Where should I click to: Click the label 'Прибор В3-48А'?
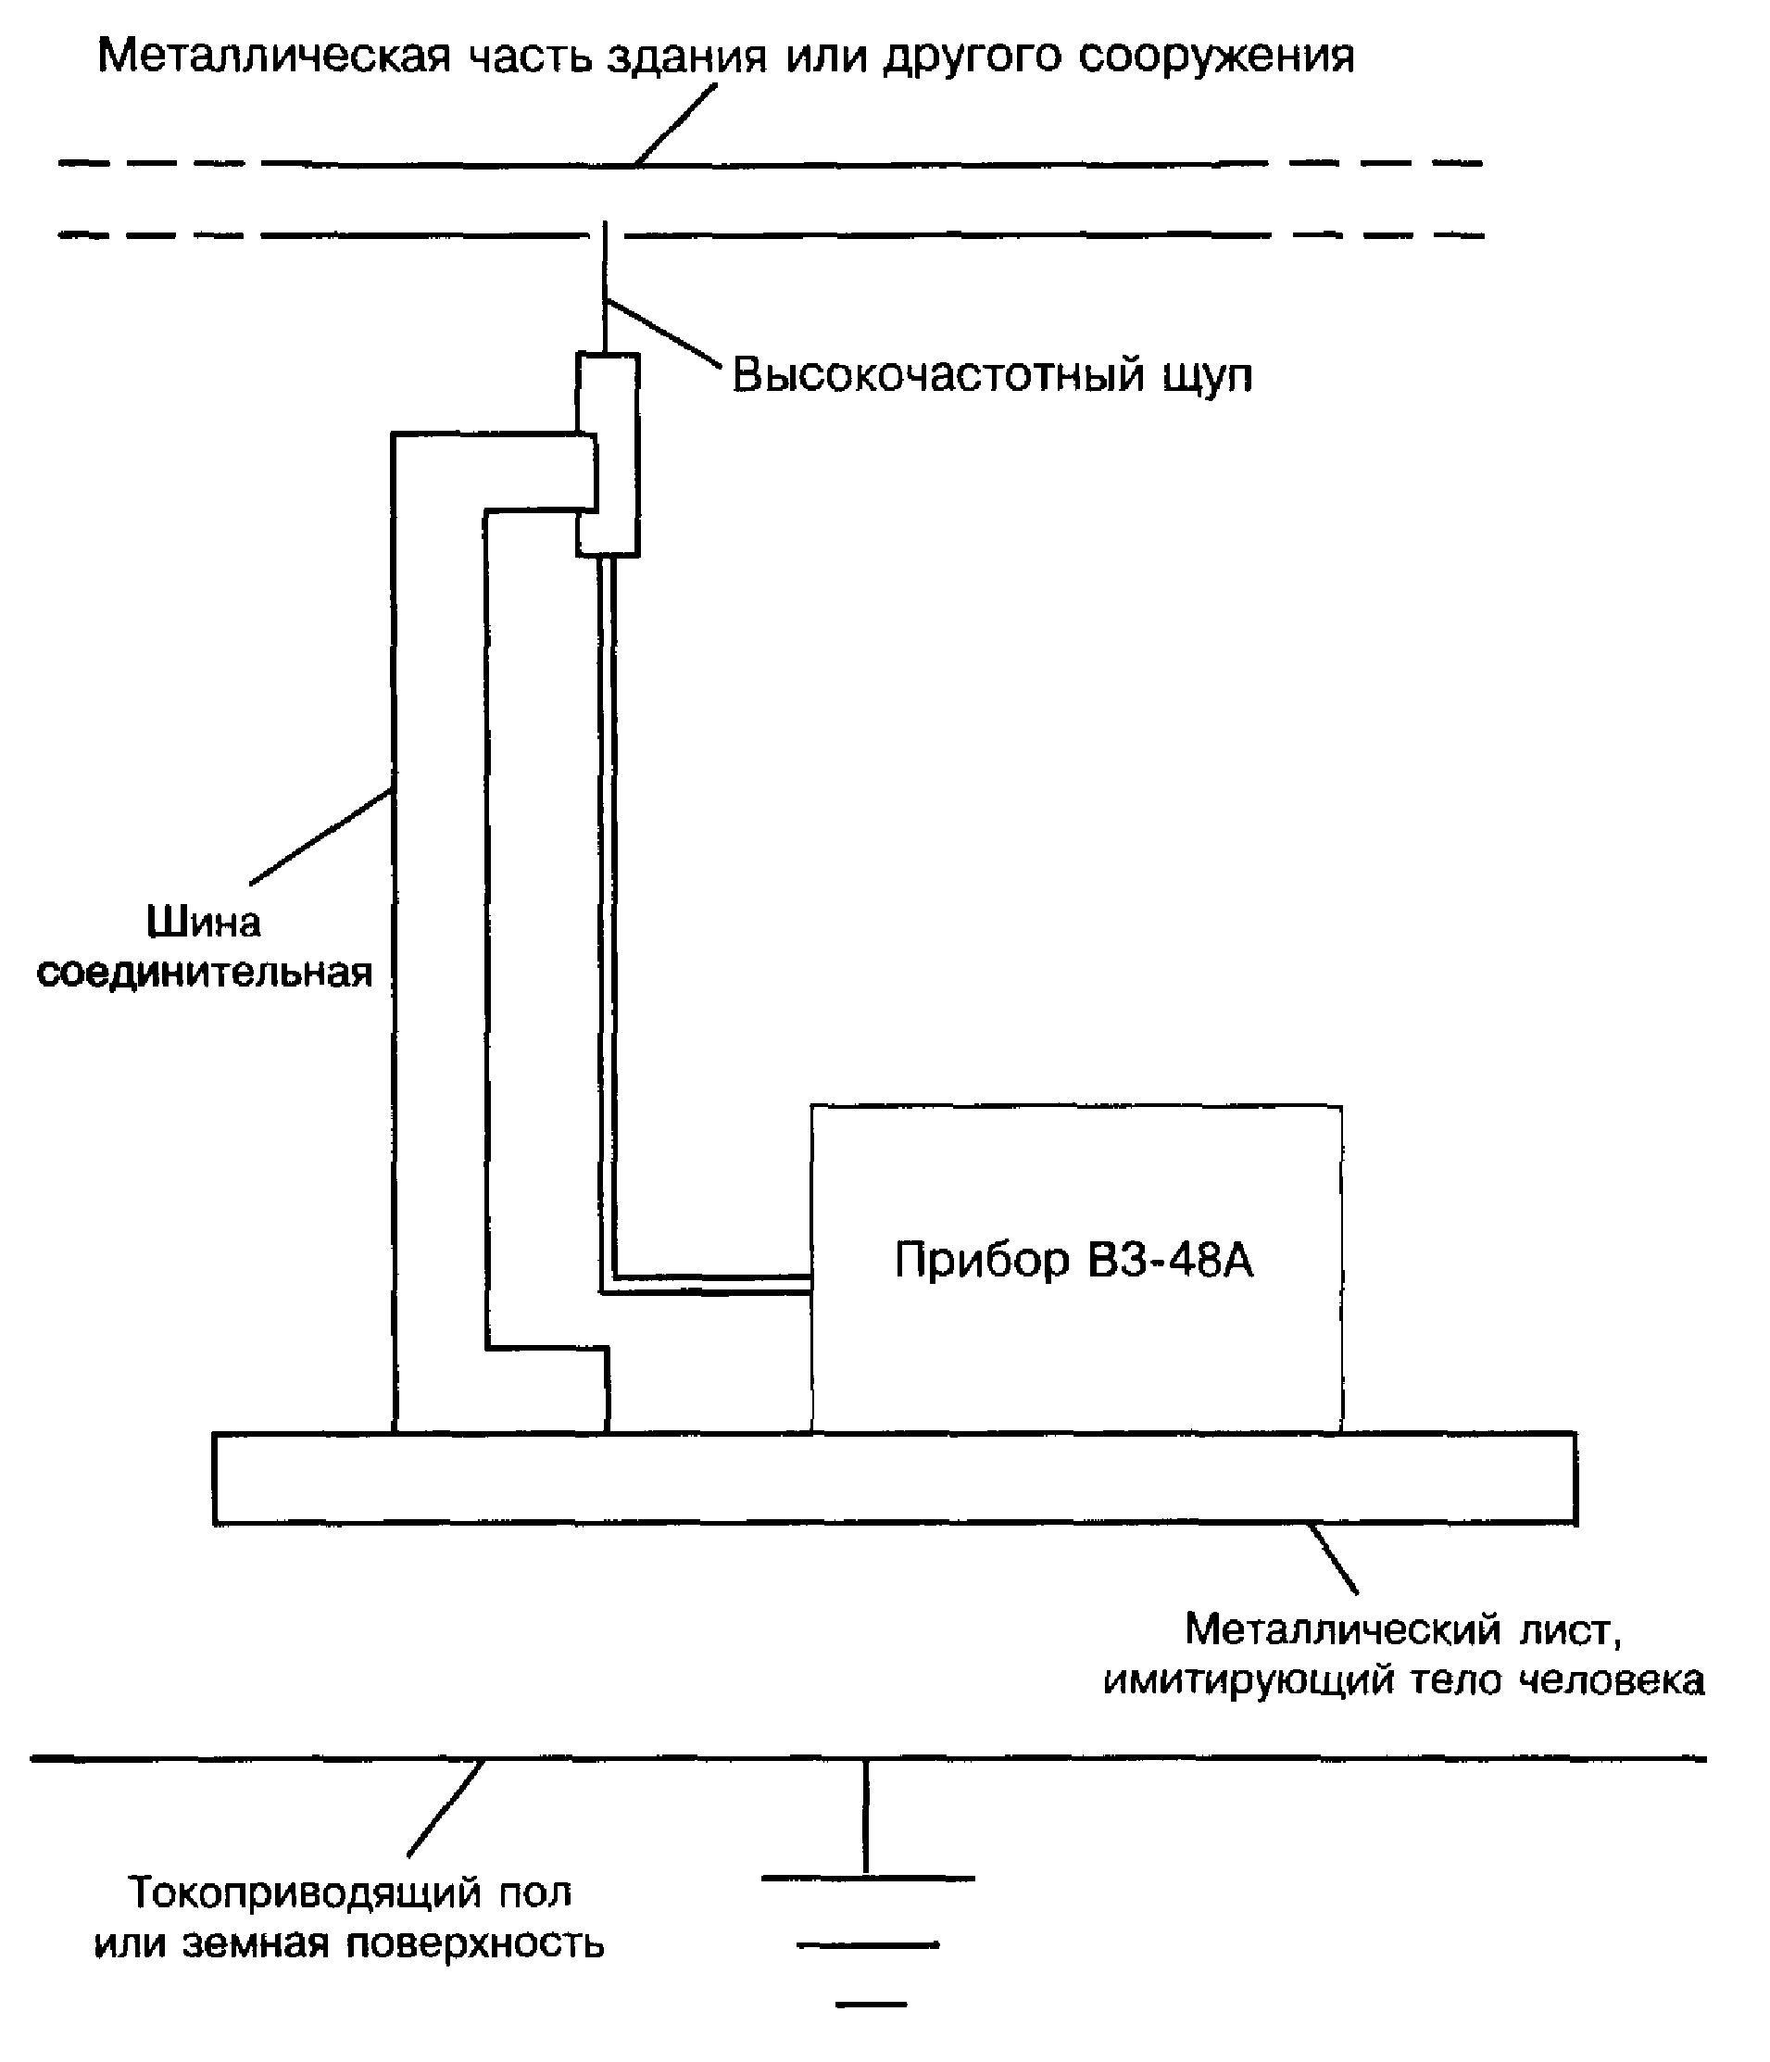click(x=1073, y=1260)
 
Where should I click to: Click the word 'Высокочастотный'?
click(x=938, y=375)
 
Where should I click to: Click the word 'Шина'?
click(x=204, y=922)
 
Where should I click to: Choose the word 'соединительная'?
click(x=204, y=973)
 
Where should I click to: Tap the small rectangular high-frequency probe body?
click(x=608, y=454)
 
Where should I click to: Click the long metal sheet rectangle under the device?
click(x=895, y=1477)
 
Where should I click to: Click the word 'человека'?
click(x=1612, y=1681)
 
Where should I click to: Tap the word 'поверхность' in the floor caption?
click(x=474, y=1944)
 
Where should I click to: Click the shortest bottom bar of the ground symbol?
click(x=872, y=2004)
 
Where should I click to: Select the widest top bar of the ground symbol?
click(x=868, y=1878)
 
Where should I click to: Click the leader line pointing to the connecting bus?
click(x=320, y=836)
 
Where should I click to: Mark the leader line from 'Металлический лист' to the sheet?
click(x=1333, y=1559)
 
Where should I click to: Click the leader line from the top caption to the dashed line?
click(x=675, y=124)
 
